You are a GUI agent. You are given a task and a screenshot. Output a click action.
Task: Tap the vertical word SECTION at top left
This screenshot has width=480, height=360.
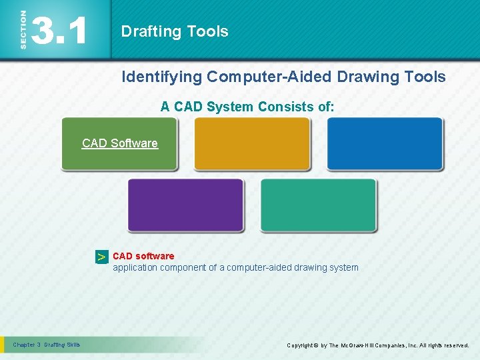(23, 29)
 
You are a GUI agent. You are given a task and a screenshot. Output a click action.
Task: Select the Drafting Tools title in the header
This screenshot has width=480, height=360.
(175, 31)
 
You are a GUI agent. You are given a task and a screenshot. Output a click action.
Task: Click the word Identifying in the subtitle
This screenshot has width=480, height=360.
(161, 77)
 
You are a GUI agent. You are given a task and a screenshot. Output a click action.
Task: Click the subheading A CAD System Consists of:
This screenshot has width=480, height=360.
(247, 106)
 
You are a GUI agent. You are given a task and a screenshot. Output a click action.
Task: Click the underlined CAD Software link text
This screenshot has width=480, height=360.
(120, 143)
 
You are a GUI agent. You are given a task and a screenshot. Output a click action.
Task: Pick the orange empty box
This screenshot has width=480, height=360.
(252, 144)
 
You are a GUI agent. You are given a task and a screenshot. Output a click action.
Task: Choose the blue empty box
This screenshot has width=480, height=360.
(385, 144)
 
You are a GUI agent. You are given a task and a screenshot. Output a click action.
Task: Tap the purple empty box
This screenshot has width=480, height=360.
(185, 205)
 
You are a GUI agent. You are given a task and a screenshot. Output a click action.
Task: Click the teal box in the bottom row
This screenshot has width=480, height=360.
(318, 205)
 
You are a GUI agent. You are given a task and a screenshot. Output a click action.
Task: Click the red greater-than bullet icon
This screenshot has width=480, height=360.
(101, 257)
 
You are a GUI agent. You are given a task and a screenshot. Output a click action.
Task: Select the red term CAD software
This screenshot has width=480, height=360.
(143, 256)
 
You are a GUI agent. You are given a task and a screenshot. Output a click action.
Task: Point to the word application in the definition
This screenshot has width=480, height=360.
(135, 267)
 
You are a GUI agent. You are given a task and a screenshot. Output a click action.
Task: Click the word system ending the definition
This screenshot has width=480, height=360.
(343, 267)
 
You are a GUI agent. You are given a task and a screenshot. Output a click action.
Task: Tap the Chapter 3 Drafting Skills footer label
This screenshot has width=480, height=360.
(47, 345)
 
